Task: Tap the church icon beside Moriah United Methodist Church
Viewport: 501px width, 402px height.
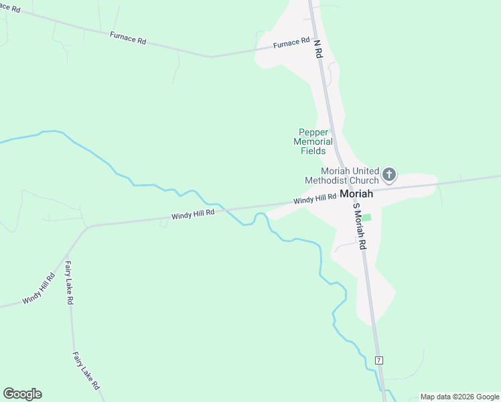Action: click(x=388, y=176)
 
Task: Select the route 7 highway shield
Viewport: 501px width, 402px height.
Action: click(x=379, y=360)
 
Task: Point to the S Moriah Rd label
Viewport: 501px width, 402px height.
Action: click(x=358, y=226)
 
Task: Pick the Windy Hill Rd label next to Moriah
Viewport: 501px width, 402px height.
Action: click(x=314, y=198)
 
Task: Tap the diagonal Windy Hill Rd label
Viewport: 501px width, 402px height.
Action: click(x=39, y=289)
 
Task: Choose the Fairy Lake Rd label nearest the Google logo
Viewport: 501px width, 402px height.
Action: click(x=86, y=371)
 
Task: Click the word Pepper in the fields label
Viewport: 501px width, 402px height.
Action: click(x=313, y=132)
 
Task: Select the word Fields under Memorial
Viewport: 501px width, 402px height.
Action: click(x=313, y=151)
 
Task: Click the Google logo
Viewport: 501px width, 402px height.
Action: click(x=22, y=394)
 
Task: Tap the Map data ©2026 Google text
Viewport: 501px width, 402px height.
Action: click(x=459, y=397)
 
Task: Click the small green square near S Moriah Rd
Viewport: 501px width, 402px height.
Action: click(x=366, y=217)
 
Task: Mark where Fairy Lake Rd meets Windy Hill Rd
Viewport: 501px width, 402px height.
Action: click(x=87, y=226)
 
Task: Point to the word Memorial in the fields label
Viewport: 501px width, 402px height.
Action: click(x=313, y=141)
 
